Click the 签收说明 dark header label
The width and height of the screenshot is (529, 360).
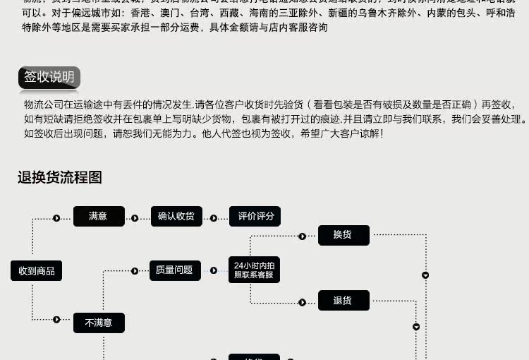pos(49,77)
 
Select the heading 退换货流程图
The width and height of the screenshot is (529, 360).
pos(60,178)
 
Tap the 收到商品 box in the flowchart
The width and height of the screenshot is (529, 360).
pos(36,270)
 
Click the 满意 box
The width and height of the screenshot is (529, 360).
pos(99,217)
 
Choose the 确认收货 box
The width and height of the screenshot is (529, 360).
pos(176,217)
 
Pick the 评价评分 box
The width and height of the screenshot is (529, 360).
pos(255,217)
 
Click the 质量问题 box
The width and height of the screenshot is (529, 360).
pos(174,270)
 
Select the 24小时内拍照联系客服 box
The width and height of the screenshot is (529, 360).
pos(254,270)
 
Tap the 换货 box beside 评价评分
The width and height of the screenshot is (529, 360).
pos(343,235)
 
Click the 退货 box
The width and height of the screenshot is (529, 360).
pos(343,301)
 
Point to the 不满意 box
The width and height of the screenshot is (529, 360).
pos(99,323)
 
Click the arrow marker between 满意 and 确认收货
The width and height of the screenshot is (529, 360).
pos(135,218)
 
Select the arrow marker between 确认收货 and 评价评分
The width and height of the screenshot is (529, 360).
pos(213,218)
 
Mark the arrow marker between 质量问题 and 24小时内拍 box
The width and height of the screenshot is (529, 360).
pos(213,270)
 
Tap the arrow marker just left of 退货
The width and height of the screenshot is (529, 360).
pos(303,302)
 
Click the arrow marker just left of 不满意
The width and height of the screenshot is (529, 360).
pos(56,320)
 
